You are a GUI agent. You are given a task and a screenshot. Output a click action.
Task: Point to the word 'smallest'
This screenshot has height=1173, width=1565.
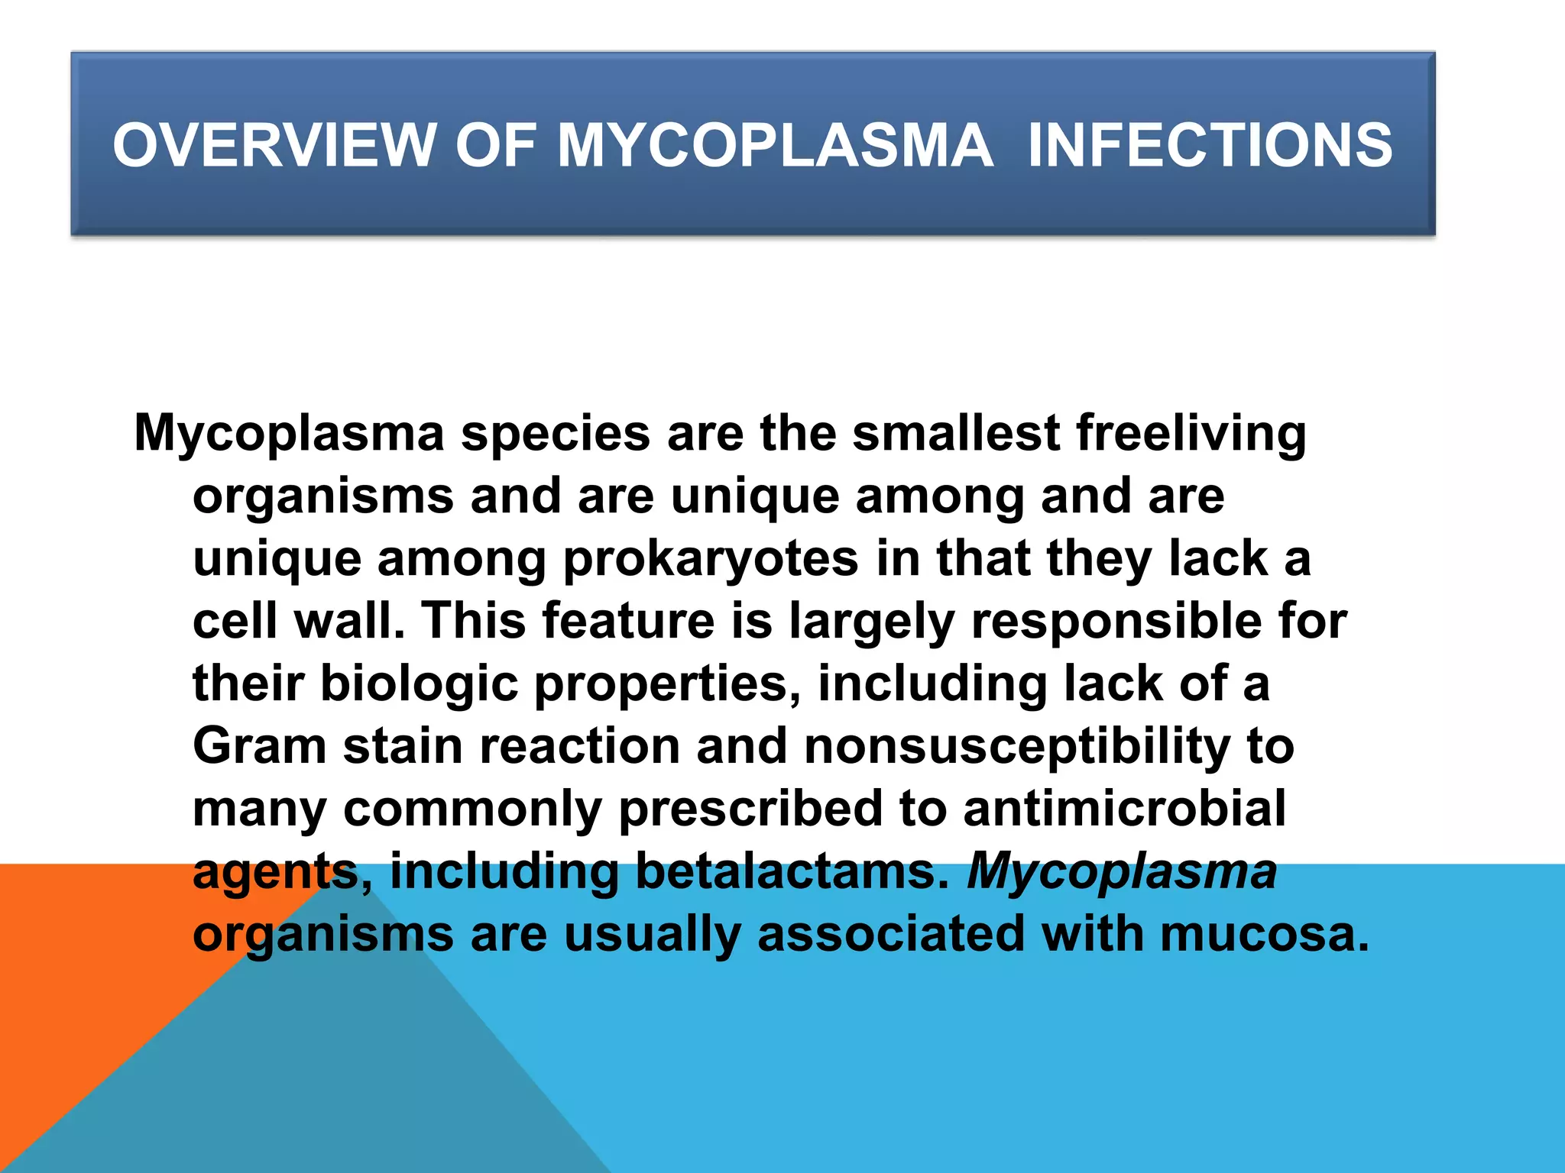coord(956,433)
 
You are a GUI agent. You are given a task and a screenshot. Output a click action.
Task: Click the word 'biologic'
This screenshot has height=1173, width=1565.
coord(419,685)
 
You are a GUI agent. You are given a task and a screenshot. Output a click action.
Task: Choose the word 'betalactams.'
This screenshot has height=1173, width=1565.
coord(792,871)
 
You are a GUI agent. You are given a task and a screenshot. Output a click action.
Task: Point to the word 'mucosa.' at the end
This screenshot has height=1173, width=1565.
coord(1265,934)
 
